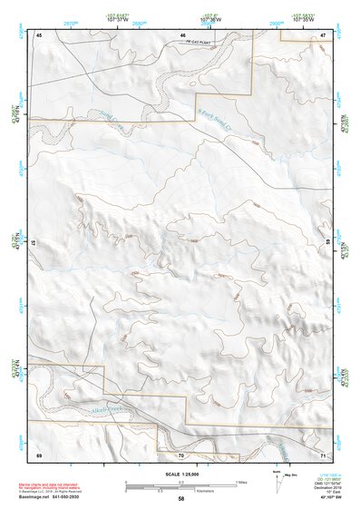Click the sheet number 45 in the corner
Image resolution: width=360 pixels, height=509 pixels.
click(39, 34)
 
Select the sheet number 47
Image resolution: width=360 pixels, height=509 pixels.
click(323, 34)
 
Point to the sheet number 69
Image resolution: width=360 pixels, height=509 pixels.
click(39, 454)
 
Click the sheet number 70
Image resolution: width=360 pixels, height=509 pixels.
click(180, 454)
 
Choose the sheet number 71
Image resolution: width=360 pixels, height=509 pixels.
click(323, 454)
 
